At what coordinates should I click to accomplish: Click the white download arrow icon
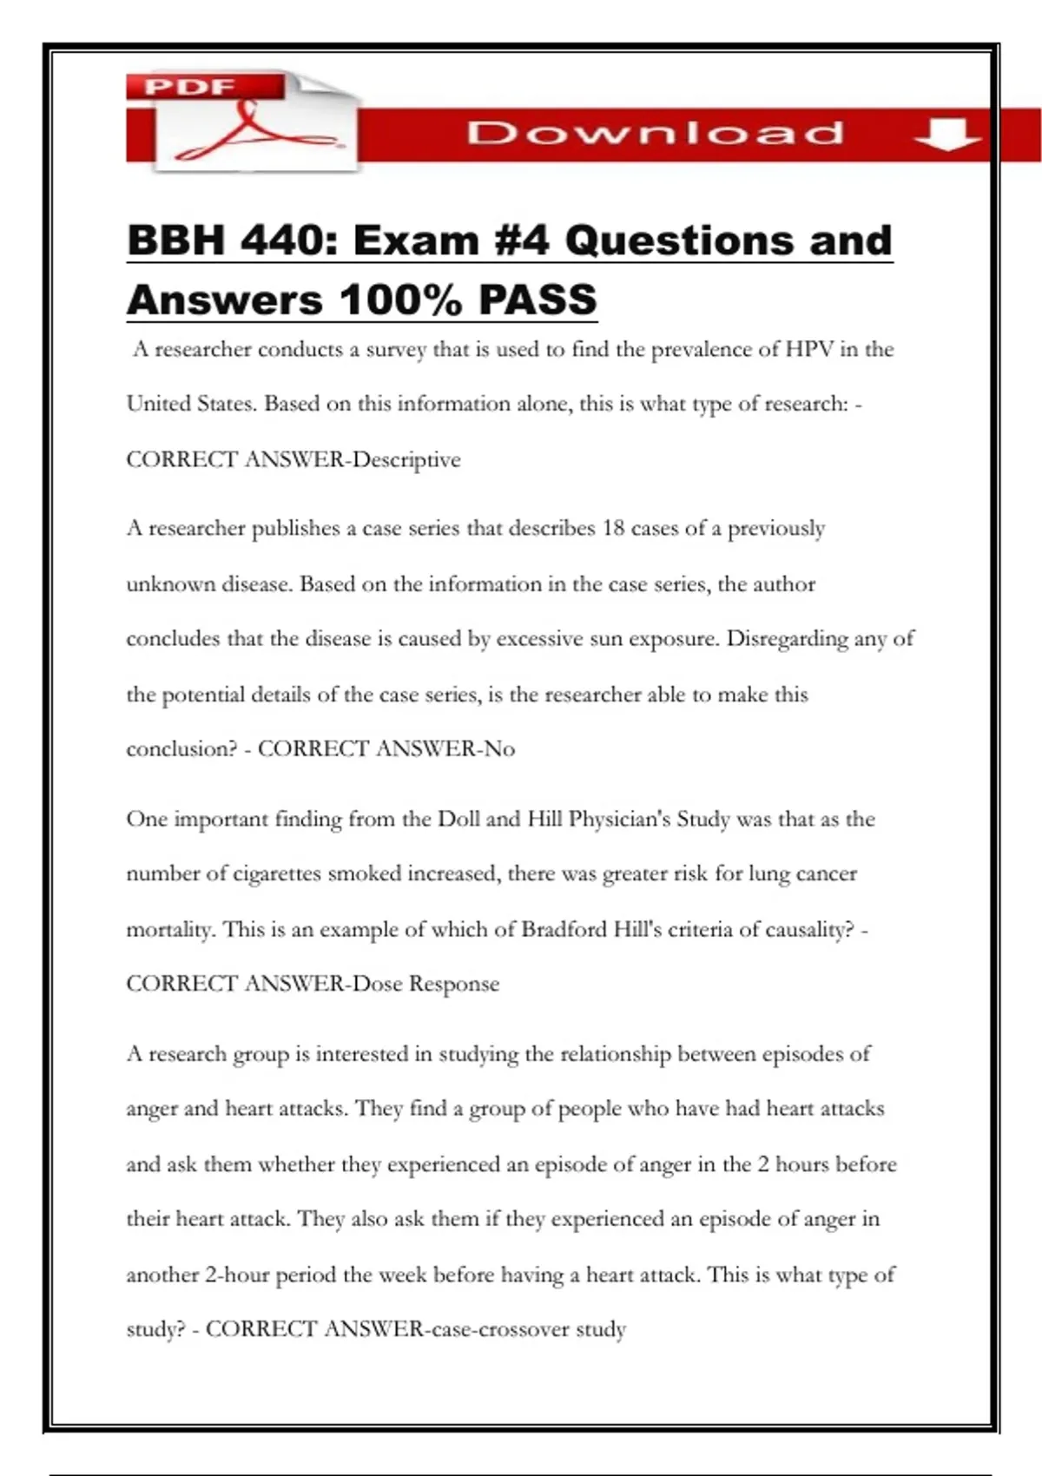pos(946,135)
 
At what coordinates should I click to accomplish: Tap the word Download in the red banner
pos(655,133)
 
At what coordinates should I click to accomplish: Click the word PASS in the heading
pos(537,300)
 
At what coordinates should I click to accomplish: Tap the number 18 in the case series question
pos(613,529)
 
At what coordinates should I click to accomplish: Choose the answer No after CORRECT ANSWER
pos(499,748)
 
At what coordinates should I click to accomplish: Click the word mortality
pos(169,929)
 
